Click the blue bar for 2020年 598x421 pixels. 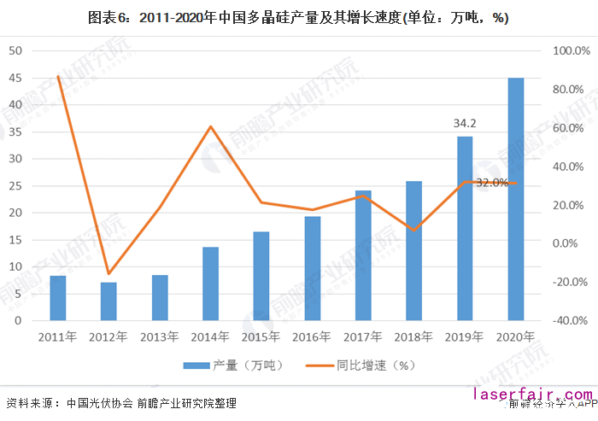pyautogui.click(x=516, y=199)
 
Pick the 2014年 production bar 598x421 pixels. pyautogui.click(x=210, y=284)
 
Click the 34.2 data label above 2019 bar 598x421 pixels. pyautogui.click(x=465, y=124)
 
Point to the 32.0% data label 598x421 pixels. pyautogui.click(x=492, y=183)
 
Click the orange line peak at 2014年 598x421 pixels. pyautogui.click(x=211, y=127)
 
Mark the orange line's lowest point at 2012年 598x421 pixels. pyautogui.click(x=108, y=274)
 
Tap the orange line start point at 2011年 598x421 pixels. pyautogui.click(x=58, y=77)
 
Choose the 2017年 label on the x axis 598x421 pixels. pyautogui.click(x=363, y=337)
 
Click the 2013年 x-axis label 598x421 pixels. pyautogui.click(x=160, y=337)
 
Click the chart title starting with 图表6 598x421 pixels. pyautogui.click(x=299, y=17)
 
